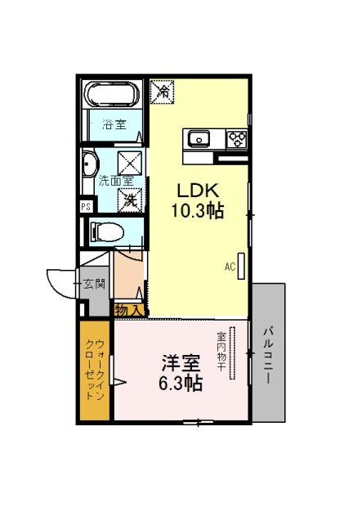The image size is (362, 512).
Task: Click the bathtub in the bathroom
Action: (114, 94)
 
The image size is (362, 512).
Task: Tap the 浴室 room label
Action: (114, 124)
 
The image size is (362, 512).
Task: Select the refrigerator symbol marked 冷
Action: (162, 92)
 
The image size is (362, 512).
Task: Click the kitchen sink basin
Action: (198, 139)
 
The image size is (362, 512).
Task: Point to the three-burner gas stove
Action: (237, 139)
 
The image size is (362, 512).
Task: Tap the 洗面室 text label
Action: (116, 182)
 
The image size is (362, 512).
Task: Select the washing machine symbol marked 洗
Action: (130, 200)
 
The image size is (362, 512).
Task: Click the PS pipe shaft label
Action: (86, 207)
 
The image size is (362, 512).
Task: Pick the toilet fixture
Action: (107, 232)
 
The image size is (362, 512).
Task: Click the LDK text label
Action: (198, 191)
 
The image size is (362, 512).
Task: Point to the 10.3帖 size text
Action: (198, 211)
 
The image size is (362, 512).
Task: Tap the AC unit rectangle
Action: (241, 267)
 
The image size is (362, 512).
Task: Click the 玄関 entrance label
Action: (94, 284)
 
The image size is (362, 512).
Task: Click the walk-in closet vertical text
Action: (95, 370)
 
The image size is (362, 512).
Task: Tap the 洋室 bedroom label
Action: (181, 363)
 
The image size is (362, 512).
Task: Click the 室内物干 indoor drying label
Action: (221, 352)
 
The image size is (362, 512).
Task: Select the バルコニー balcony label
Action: (268, 355)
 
